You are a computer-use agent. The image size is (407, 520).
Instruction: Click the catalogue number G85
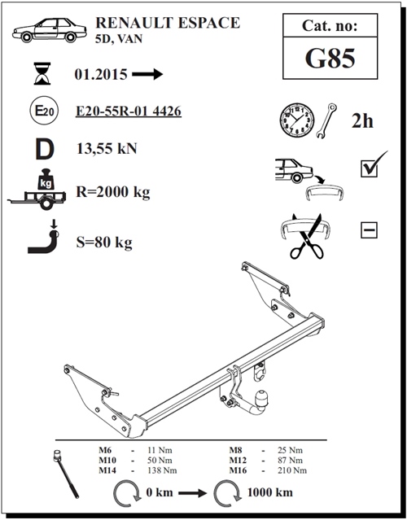tap(330, 58)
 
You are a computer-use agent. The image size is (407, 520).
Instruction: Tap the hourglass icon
tap(42, 73)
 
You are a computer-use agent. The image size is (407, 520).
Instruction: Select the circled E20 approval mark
tap(45, 111)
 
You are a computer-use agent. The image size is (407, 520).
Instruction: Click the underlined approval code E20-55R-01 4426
tap(129, 111)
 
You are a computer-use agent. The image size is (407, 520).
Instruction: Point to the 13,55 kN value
tap(107, 148)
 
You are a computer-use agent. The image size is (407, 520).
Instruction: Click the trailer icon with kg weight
tap(37, 190)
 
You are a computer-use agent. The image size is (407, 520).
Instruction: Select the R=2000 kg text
tap(113, 192)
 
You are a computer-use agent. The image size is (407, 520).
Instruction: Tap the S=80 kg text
tap(104, 243)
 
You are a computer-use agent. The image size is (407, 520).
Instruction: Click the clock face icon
tap(296, 120)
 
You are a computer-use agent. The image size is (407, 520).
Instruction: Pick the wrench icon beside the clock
tap(326, 120)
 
